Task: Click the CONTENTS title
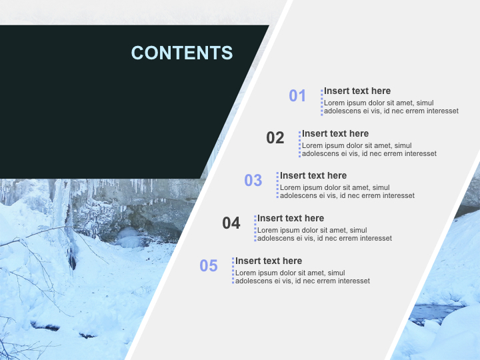pos(182,53)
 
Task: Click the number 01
pos(297,95)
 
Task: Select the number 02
pos(275,138)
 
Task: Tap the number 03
pos(253,180)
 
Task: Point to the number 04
pos(231,223)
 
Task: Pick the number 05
pos(209,265)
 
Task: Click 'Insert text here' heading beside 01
pos(357,91)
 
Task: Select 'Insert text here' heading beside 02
pos(335,133)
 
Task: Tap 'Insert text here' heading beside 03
pos(313,175)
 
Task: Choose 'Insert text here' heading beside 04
pos(291,218)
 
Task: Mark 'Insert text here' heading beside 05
pos(269,261)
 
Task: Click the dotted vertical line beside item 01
pos(322,101)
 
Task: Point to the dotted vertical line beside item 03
pos(277,185)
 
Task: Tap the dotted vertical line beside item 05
pos(233,271)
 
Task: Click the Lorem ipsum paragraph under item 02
pos(369,149)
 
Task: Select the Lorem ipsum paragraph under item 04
pos(324,234)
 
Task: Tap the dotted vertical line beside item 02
pos(299,144)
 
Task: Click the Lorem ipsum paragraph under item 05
pos(302,277)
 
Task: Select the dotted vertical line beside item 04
pos(255,228)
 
